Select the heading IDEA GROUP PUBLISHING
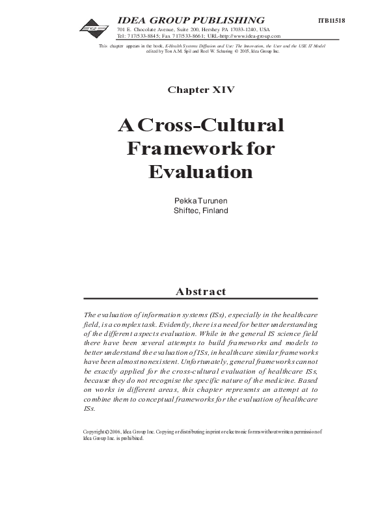[191, 20]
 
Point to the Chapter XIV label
[201, 90]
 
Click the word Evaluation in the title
[200, 172]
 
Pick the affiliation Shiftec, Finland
[201, 210]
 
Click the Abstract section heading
[201, 292]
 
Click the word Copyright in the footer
[96, 431]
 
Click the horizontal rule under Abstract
[201, 299]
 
